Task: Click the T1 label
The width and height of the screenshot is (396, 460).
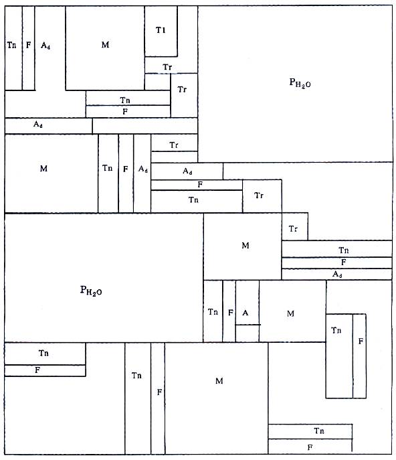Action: tap(161, 30)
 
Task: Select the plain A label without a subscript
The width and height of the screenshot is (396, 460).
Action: tap(245, 313)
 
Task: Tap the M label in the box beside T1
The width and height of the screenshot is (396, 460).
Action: tap(105, 45)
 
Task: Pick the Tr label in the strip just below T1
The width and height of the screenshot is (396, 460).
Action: tap(167, 67)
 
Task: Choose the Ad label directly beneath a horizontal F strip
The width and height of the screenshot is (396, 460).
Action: tap(337, 274)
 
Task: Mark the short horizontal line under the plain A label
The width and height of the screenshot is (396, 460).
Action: tap(248, 325)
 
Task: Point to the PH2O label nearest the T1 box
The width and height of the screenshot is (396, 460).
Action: tap(300, 83)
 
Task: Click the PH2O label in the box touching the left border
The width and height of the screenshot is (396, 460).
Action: tap(91, 291)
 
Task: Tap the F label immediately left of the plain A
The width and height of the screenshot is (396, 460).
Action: tap(231, 313)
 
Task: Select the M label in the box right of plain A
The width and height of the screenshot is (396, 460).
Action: tap(290, 313)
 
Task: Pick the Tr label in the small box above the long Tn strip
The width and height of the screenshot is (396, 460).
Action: tap(293, 228)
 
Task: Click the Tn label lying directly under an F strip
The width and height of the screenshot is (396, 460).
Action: tap(193, 200)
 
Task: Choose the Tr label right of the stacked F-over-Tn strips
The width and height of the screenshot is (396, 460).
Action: tap(258, 195)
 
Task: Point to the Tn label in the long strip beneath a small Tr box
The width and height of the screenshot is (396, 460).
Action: tap(344, 250)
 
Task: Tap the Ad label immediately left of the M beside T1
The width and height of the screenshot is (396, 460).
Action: tap(45, 45)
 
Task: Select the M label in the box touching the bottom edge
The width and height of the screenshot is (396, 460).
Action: tap(219, 381)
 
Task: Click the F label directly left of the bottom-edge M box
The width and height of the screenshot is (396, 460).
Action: tap(159, 392)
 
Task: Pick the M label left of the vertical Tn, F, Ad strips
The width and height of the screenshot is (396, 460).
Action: tap(43, 168)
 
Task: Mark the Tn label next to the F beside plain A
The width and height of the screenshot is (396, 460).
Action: tap(213, 311)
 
